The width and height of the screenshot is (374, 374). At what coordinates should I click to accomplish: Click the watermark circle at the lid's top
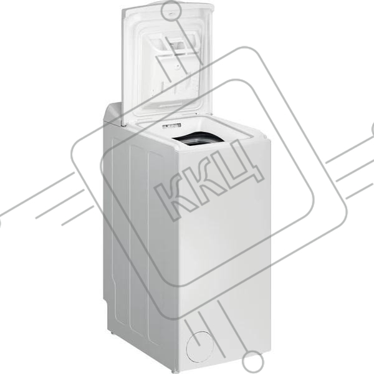click(x=171, y=11)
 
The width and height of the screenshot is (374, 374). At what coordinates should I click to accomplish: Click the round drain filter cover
click(x=199, y=346)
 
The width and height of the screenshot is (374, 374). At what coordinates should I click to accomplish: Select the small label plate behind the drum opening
click(x=171, y=126)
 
